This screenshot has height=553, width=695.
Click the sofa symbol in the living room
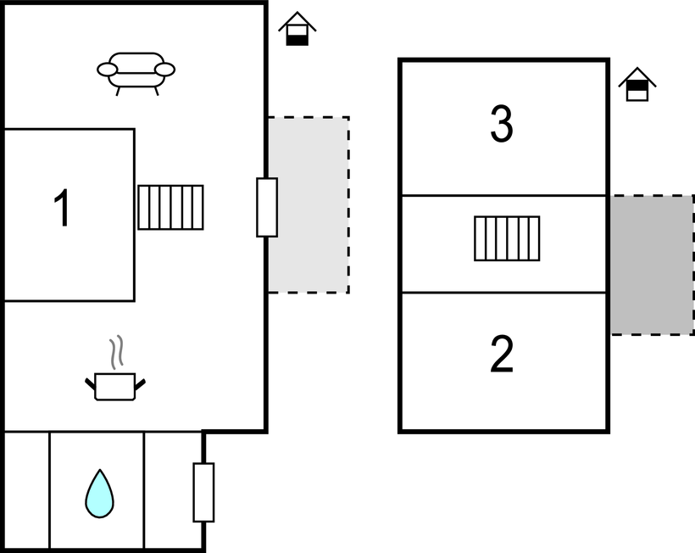[136, 71]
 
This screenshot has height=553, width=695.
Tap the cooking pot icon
[115, 386]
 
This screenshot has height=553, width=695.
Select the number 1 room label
[62, 209]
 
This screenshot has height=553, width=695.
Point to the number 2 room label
[502, 355]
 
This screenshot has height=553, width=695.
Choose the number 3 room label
[502, 126]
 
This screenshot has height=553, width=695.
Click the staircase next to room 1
[171, 207]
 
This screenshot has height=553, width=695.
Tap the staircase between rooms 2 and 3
[507, 238]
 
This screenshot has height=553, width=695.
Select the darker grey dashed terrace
[653, 265]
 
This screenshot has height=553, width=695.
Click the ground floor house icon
[297, 30]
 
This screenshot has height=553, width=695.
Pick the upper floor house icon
[637, 85]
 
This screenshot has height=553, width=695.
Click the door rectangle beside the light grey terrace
[267, 207]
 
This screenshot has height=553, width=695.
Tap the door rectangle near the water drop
[203, 492]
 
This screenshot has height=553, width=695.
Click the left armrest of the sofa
[107, 70]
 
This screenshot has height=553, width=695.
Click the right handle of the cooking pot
[140, 385]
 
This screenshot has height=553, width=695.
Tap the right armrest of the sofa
[165, 70]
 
